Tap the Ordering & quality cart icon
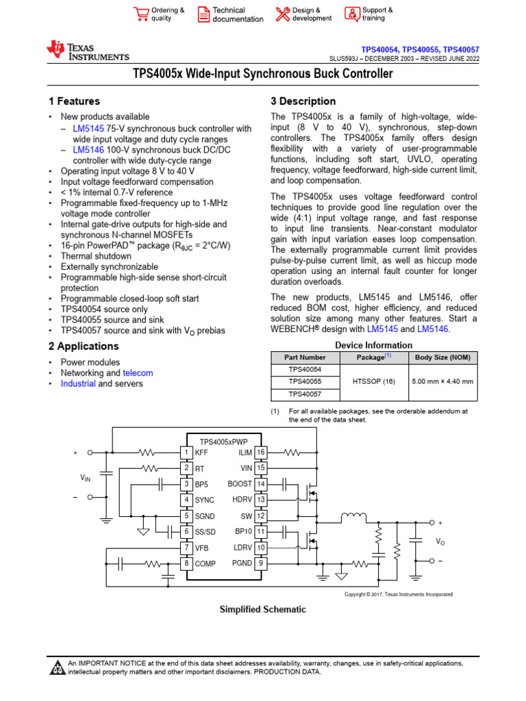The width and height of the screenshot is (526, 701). pos(140,14)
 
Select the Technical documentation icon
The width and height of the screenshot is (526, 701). pos(203,14)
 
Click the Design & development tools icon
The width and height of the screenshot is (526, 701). pos(282,14)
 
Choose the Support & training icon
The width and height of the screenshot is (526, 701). pos(352,14)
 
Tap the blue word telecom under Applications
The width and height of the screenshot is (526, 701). pos(138,373)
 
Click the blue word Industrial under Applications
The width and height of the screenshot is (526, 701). pos(78,384)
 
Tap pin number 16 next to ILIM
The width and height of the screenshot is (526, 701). pos(260,453)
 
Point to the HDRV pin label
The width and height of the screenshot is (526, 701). pos(242,500)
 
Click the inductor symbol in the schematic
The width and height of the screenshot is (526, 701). pos(354,515)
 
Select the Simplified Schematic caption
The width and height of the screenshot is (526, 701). pos(262,609)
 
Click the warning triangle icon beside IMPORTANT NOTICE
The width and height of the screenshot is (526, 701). pos(58,668)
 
